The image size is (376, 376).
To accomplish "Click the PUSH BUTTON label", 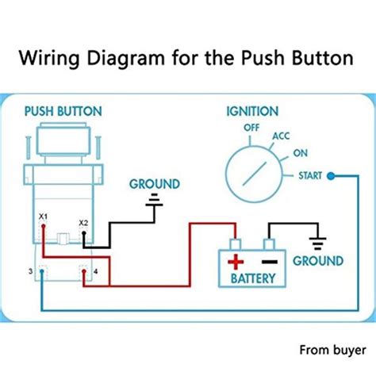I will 63,112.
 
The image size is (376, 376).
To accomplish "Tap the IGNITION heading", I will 251,112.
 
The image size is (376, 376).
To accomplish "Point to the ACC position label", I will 282,136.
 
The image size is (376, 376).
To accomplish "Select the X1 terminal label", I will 43,216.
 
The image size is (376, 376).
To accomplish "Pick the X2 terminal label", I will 84,223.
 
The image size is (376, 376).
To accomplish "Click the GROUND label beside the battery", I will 318,261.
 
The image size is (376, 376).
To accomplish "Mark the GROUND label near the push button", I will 155,183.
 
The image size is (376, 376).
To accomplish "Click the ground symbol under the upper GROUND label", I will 155,203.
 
